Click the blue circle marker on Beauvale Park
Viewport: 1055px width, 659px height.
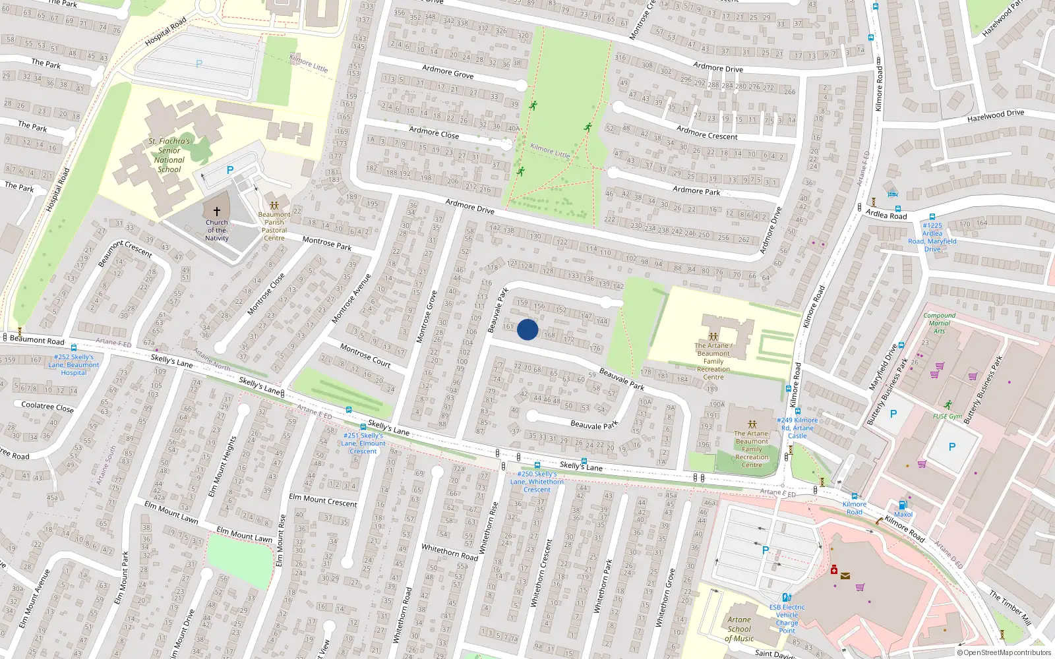tap(527, 329)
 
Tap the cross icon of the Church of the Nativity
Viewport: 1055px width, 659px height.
tap(217, 212)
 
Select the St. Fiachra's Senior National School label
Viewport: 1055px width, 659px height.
tap(169, 156)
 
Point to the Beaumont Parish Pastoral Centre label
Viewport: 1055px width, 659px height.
tap(274, 226)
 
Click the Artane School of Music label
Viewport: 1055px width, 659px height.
tap(739, 629)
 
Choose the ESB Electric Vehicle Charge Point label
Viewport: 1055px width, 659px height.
tap(787, 618)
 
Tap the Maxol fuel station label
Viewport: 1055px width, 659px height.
tap(903, 515)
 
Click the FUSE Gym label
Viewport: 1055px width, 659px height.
tap(948, 416)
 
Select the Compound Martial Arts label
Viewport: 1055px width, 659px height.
tap(940, 323)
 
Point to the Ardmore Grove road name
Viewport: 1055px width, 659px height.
tap(448, 71)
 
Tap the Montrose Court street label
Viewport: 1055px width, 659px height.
tap(365, 355)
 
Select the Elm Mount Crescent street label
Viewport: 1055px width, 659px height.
tap(323, 500)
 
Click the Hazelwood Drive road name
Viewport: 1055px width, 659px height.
tap(996, 116)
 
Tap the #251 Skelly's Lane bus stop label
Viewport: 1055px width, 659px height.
tap(363, 443)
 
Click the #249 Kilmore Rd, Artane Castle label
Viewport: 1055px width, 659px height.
tap(797, 428)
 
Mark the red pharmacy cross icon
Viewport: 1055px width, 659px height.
tap(834, 570)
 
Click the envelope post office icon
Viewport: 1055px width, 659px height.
tap(845, 576)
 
